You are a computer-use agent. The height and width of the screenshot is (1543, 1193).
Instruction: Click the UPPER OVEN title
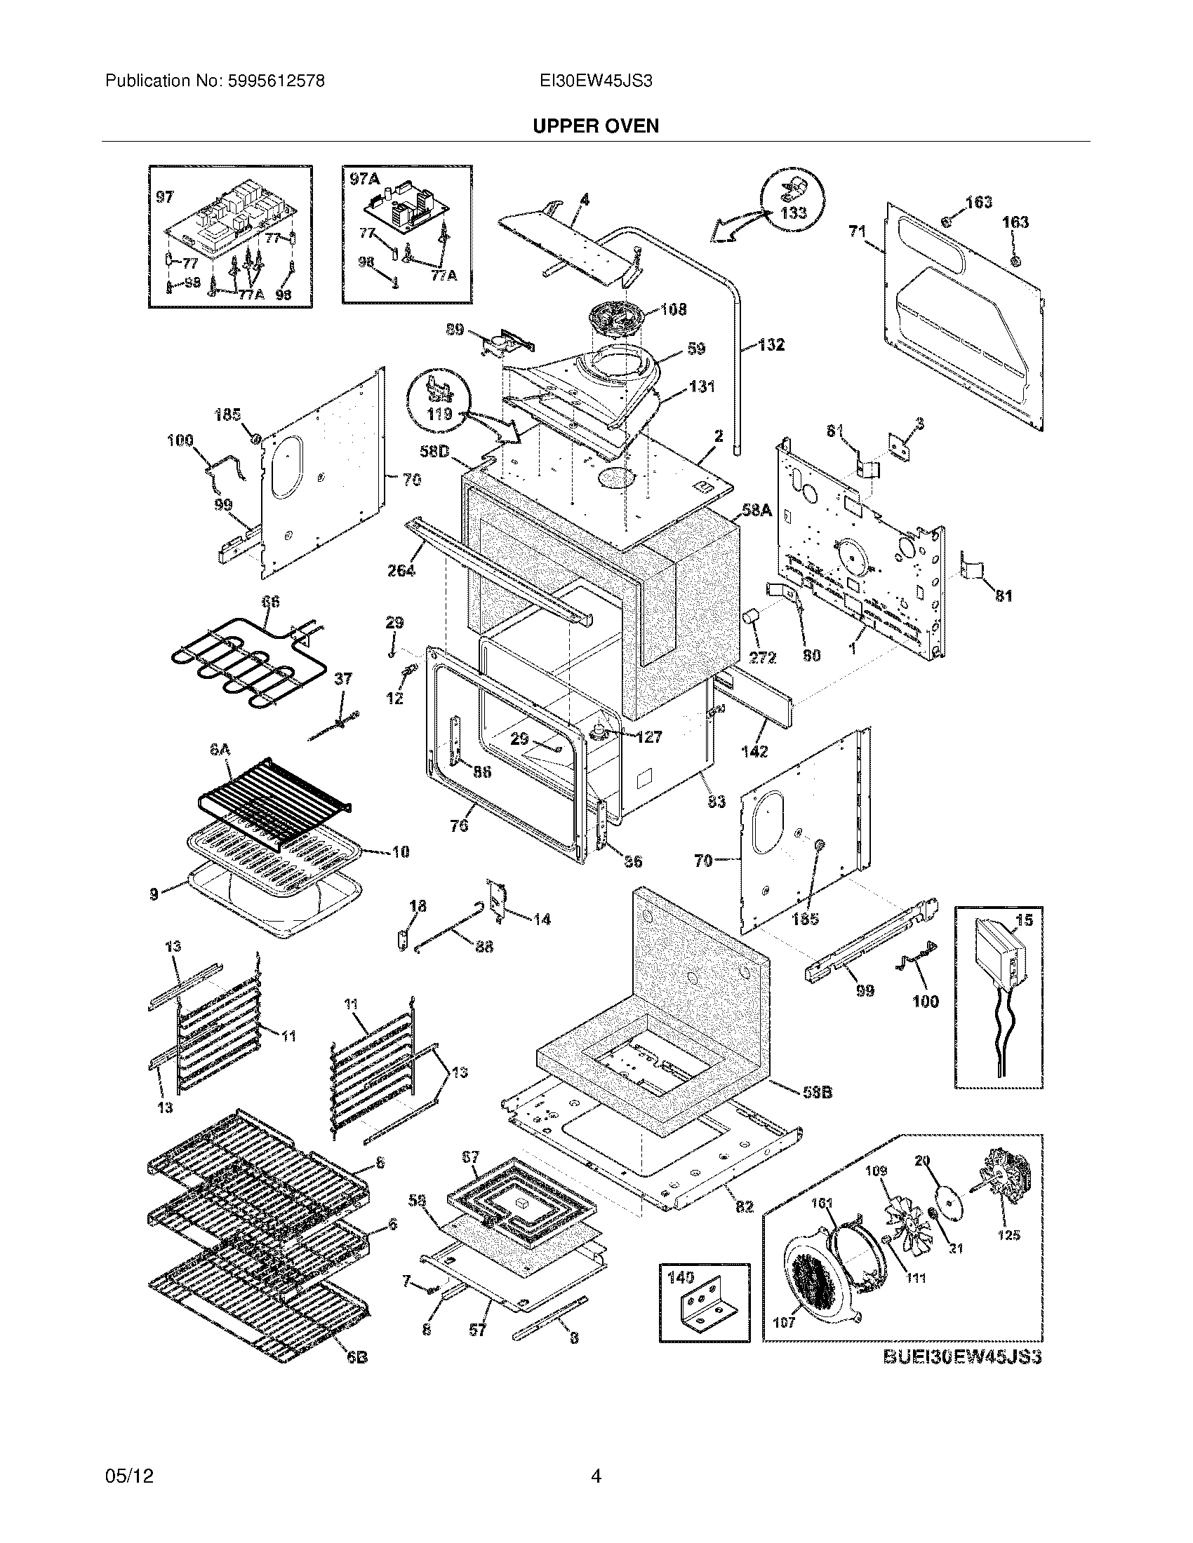(x=595, y=126)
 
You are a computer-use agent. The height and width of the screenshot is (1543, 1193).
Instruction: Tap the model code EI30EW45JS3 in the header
(x=595, y=81)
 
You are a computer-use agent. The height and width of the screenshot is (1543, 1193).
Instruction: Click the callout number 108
(x=673, y=309)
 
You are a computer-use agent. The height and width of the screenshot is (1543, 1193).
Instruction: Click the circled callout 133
(x=793, y=212)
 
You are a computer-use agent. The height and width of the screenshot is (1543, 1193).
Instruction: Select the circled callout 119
(x=439, y=413)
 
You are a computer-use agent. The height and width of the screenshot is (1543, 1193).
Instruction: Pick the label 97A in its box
(x=365, y=180)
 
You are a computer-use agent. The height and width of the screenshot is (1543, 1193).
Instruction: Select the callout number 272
(x=762, y=658)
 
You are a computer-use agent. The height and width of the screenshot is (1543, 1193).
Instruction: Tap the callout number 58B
(x=817, y=1092)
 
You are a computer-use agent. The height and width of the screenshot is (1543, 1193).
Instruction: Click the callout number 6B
(x=356, y=1357)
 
